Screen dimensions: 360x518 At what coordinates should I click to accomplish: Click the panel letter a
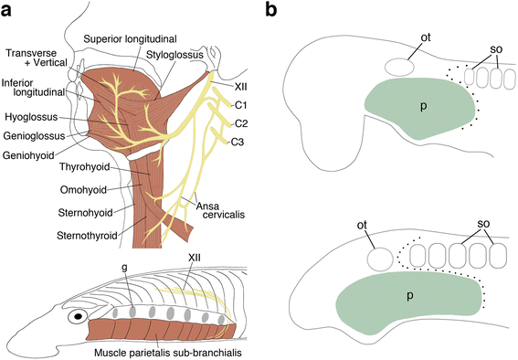(8, 11)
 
